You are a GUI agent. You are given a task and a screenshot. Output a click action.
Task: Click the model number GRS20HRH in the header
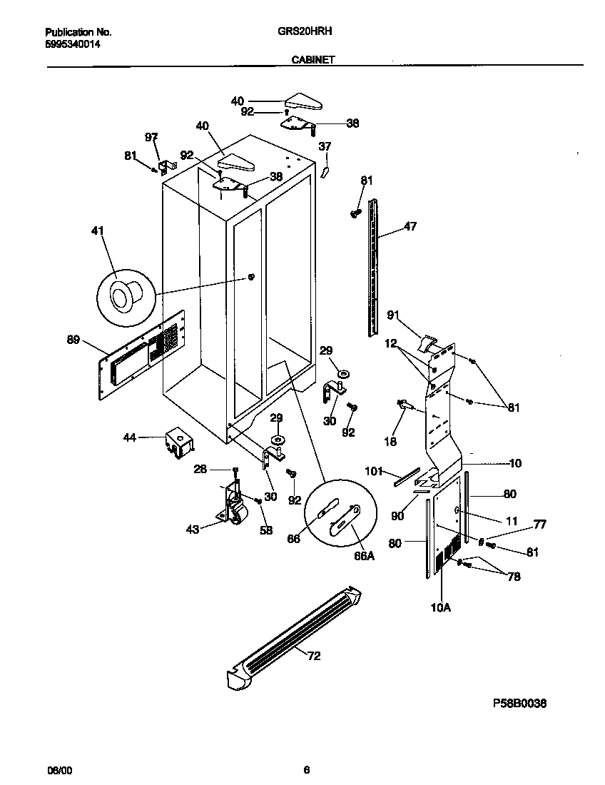point(306,32)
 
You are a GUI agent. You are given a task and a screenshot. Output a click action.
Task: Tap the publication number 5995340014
point(73,44)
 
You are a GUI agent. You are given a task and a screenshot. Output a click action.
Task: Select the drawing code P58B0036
point(519,703)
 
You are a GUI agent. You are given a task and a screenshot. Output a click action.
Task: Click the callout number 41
point(98,231)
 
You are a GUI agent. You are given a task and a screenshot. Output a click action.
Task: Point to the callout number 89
point(73,340)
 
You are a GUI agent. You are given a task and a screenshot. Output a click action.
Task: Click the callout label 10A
point(440,608)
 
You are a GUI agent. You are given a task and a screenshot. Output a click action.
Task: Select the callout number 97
point(151,136)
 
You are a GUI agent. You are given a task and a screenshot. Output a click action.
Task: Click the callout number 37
point(325,146)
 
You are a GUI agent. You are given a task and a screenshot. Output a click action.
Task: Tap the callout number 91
point(393,315)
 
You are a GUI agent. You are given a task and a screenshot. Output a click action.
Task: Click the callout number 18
point(390,442)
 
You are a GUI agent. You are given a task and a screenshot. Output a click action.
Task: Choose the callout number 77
point(540,525)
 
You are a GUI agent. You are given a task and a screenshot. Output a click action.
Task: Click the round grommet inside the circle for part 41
point(122,295)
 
